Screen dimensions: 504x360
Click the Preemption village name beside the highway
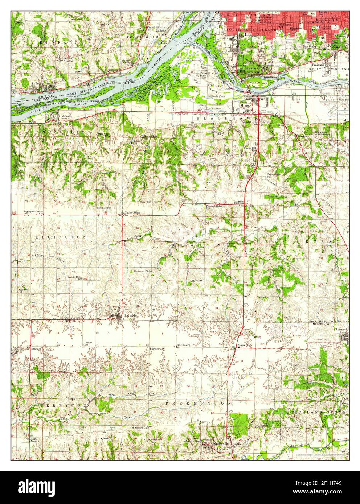tap(244, 346)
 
